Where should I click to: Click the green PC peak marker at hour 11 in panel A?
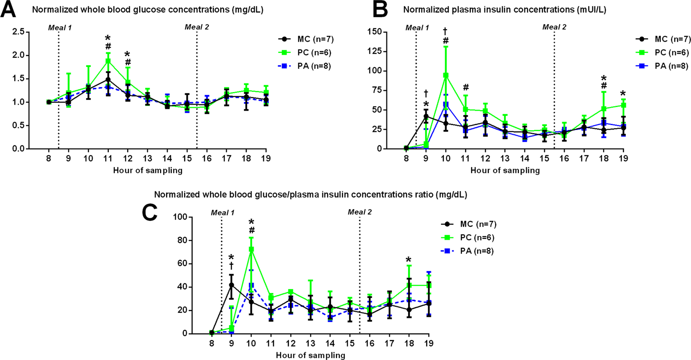coord(108,61)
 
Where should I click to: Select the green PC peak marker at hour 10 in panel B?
coord(446,75)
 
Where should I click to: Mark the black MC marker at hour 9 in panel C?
coord(231,285)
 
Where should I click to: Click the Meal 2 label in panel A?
coord(196,27)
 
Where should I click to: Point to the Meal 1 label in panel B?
coord(417,27)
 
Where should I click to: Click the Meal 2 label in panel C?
coord(359,212)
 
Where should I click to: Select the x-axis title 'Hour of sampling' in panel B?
coord(505,170)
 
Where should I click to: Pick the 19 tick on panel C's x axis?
coord(429,343)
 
